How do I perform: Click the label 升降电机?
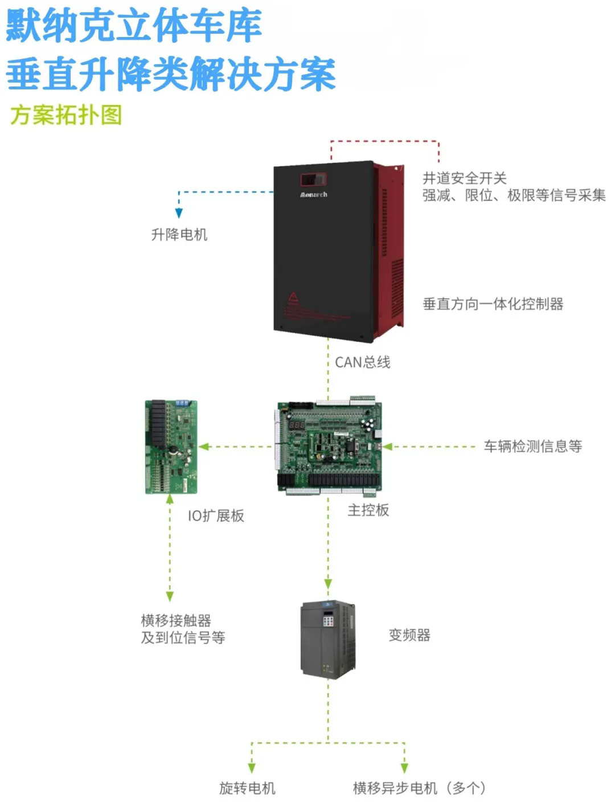pos(179,235)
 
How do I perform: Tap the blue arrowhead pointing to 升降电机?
pos(179,213)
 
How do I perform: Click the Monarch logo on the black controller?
pos(314,195)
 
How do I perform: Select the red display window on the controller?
pos(313,180)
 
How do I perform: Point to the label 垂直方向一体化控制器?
pos(493,304)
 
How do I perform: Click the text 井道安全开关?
pos(464,178)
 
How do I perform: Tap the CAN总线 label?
pos(362,362)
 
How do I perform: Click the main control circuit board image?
pos(329,446)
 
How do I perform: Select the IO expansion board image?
pos(171,447)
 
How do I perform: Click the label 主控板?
pos(368,510)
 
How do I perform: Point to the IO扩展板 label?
pos(216,516)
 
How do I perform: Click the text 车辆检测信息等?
pos(532,447)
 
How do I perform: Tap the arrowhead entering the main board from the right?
pos(388,447)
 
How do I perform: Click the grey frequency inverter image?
pos(328,639)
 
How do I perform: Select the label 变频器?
pos(409,635)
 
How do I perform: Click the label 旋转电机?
pos(247,788)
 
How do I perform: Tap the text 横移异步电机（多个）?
pos(420,788)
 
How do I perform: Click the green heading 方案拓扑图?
pos(65,115)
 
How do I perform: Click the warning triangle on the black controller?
pos(293,297)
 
